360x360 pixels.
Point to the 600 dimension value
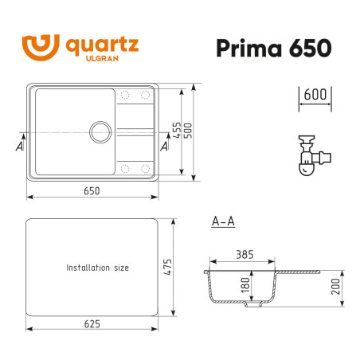pyautogui.click(x=316, y=93)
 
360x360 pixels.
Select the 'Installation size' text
pyautogui.click(x=97, y=268)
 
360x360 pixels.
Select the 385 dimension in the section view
pyautogui.click(x=242, y=256)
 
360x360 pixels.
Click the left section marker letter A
pyautogui.click(x=18, y=147)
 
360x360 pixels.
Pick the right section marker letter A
pyautogui.click(x=164, y=147)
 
